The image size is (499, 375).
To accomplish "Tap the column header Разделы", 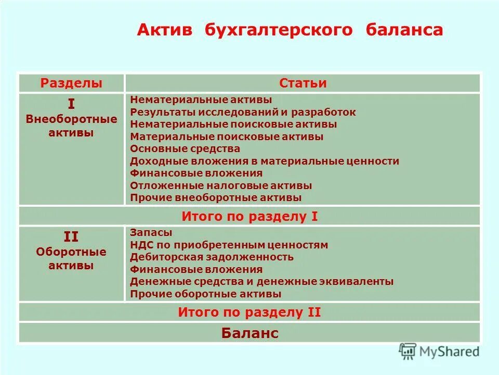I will point(71,83).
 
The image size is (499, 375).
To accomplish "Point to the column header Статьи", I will point(303,83).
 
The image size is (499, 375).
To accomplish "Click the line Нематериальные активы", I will point(201,99).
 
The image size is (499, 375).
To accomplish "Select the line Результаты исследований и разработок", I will point(243,112).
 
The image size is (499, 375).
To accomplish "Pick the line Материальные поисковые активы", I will point(227,136).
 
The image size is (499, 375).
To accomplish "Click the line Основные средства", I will point(185,149).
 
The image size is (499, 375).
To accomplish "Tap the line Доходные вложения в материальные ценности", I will point(265,161).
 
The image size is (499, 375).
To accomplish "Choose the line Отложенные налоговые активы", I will point(221,185).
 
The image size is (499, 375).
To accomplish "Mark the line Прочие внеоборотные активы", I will point(216,198).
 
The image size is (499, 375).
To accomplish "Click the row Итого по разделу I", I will point(249,216).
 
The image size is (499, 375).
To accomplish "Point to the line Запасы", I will point(151,233).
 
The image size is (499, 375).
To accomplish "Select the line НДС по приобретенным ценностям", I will point(229,245).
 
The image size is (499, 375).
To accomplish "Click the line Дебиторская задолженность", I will point(212,257).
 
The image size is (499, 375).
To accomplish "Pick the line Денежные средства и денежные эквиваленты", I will point(261,282).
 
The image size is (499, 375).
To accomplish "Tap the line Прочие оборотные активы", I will point(206,294).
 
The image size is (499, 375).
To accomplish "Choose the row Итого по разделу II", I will point(249,312).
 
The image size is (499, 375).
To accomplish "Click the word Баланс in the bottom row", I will point(249,333).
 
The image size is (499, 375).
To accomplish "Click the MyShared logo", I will point(439,352).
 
